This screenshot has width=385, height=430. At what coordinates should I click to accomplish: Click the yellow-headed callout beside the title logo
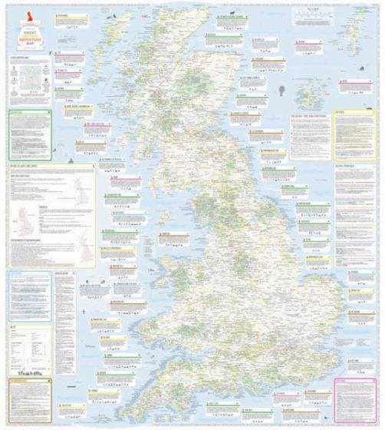click(x=68, y=22)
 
